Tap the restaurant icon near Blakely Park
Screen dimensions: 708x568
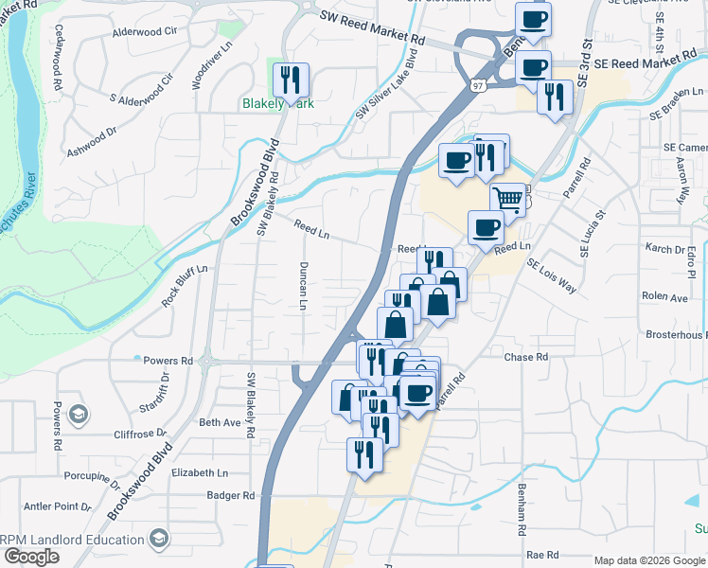pos(291,80)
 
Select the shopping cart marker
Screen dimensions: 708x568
pos(508,200)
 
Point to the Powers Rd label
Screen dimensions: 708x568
pos(168,361)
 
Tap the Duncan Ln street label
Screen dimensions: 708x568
pos(304,285)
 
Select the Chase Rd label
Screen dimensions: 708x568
pos(526,357)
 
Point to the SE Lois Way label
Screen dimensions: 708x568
pos(551,275)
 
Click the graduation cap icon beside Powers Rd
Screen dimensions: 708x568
pos(79,415)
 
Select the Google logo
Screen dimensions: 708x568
pos(30,557)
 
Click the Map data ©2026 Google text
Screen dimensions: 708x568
pos(649,560)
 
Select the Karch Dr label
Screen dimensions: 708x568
pos(664,249)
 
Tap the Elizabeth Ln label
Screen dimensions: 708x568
pos(200,472)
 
